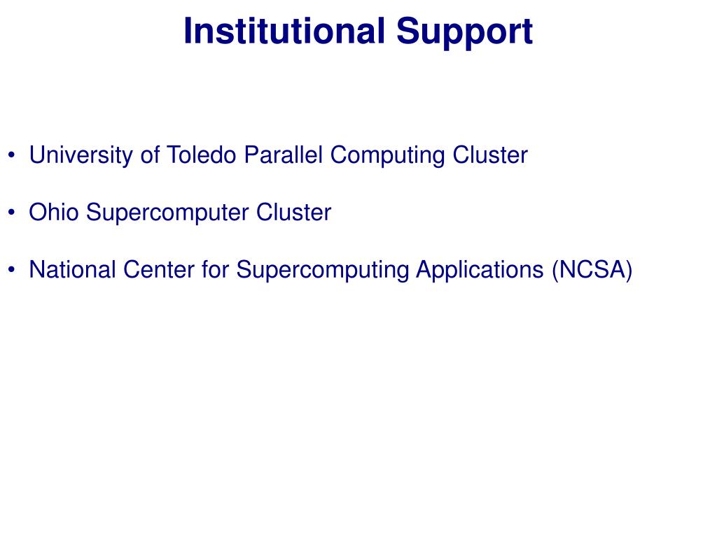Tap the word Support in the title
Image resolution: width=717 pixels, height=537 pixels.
[464, 34]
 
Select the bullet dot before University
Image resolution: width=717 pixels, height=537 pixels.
[11, 155]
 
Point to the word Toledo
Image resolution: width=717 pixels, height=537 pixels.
[202, 155]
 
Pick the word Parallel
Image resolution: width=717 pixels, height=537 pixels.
[283, 155]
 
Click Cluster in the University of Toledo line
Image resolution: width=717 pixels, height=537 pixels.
[489, 155]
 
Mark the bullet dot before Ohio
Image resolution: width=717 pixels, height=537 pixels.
[11, 213]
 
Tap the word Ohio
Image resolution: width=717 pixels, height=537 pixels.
[53, 213]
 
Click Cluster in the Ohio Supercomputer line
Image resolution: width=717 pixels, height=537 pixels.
[293, 213]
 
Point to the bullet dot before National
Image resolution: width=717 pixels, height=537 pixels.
[11, 269]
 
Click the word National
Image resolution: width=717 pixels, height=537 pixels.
[72, 269]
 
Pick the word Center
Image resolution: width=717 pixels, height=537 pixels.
[159, 269]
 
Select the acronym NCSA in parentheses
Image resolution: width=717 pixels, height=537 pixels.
[592, 269]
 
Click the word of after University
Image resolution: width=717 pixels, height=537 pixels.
[150, 155]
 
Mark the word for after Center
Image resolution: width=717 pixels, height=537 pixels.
[215, 269]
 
